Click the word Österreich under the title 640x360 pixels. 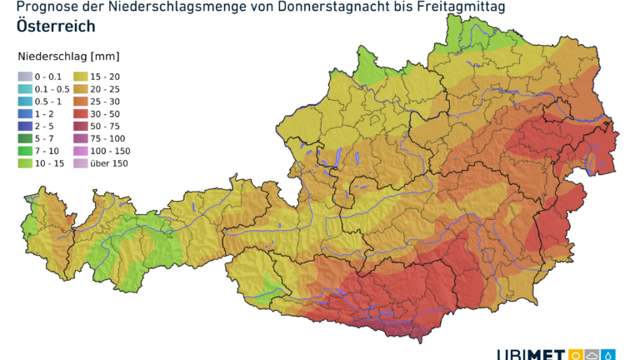coord(55,26)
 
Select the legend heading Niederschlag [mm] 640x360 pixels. coord(68,57)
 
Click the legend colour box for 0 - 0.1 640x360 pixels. coord(23,76)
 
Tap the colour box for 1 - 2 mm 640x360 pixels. coord(23,113)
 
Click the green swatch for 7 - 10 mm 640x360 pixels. coord(23,151)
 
